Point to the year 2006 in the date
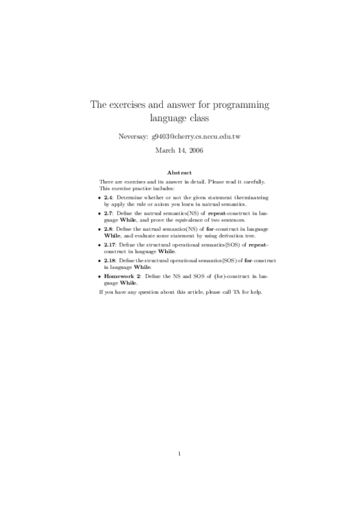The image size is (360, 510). [194, 150]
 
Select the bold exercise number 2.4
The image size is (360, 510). [108, 197]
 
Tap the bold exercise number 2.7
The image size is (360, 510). [108, 214]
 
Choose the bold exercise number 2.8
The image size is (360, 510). [108, 229]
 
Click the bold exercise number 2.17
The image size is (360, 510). [110, 245]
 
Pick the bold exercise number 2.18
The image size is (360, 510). [110, 261]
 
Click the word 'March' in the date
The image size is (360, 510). [165, 150]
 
